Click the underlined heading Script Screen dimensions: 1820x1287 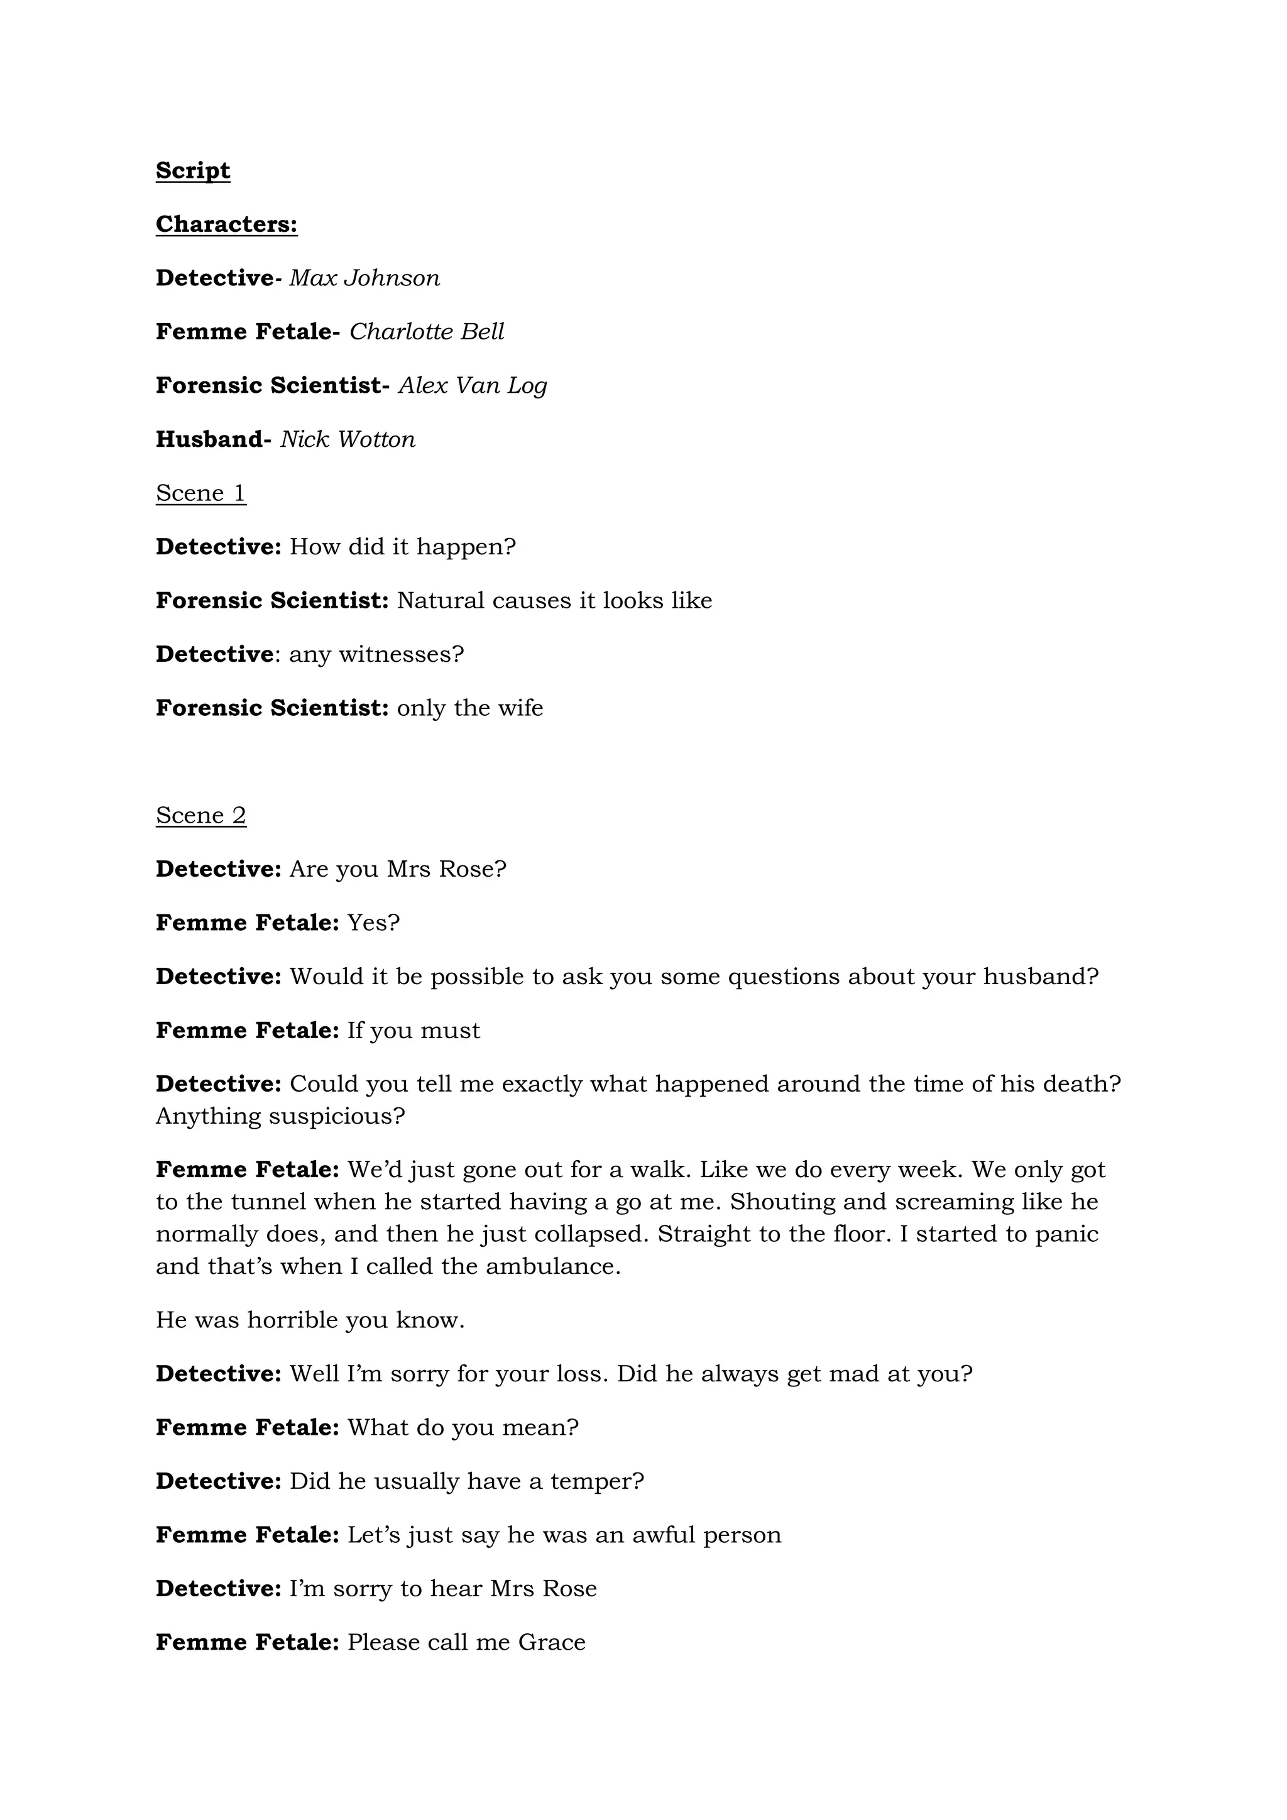[192, 170]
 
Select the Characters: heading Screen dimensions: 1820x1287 [227, 224]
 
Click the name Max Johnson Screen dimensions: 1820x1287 [364, 278]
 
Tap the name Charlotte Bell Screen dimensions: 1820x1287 [426, 331]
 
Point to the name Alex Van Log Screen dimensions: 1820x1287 [473, 385]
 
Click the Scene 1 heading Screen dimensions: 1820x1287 [200, 493]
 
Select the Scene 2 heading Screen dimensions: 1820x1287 [200, 816]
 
